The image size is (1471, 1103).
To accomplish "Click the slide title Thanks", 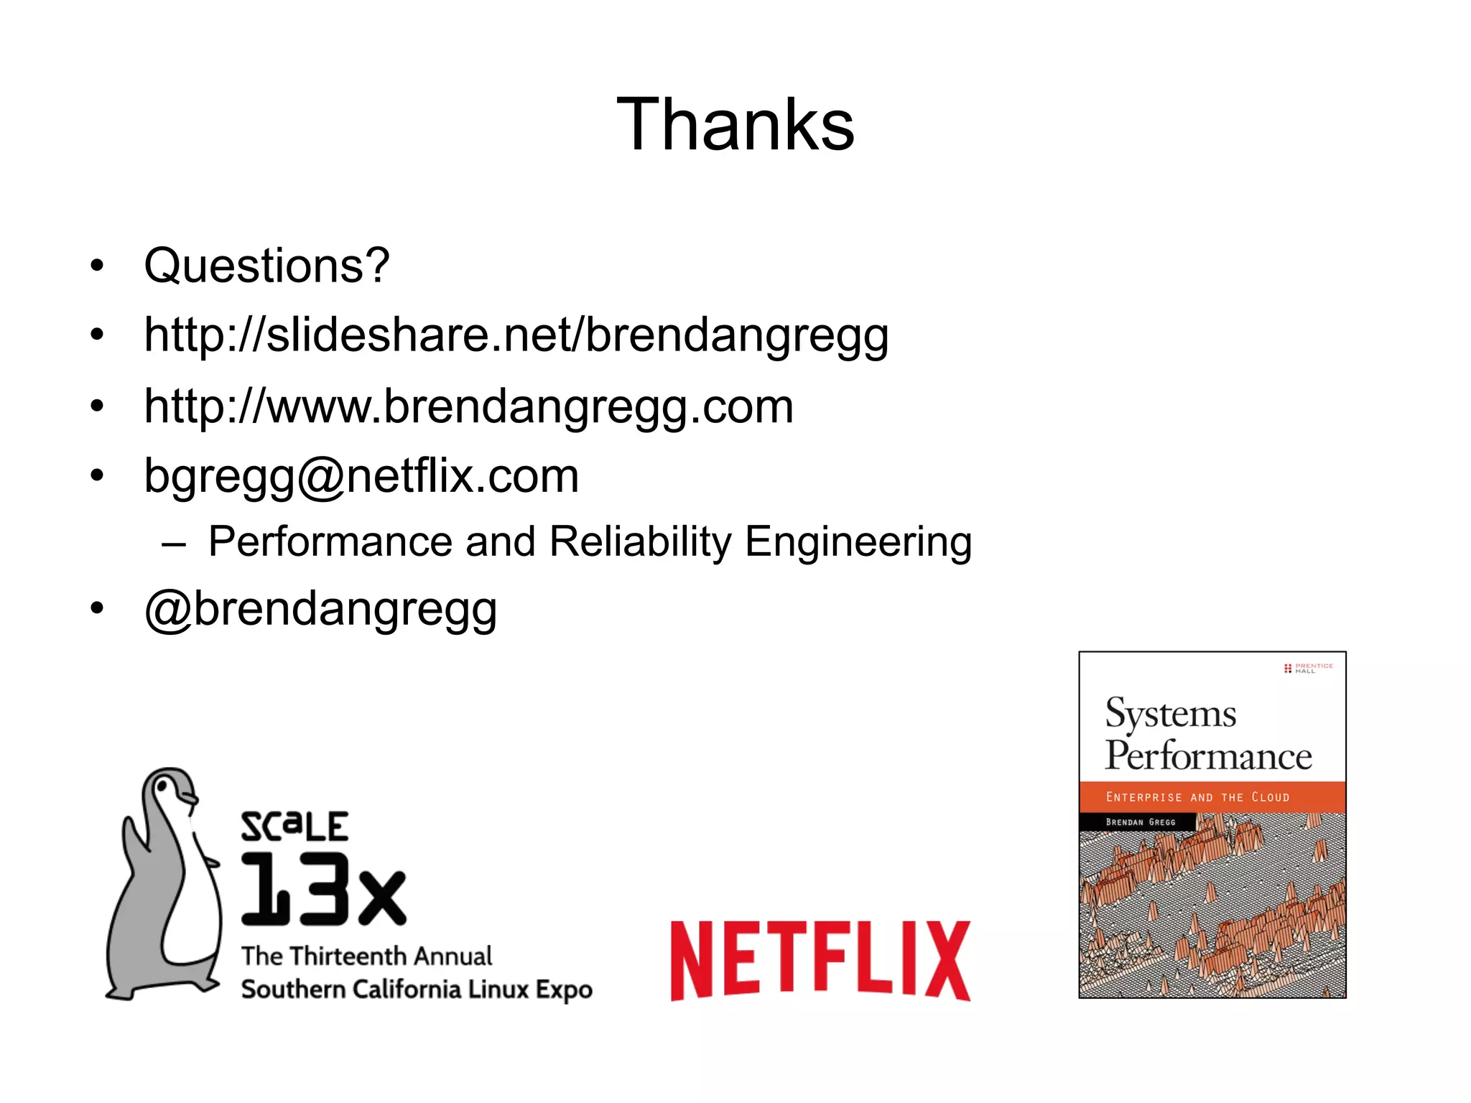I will [x=735, y=125].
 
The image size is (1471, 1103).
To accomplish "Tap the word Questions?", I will [x=266, y=266].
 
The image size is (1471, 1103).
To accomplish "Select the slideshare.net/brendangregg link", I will [x=516, y=335].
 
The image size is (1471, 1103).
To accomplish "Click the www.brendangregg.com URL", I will [x=468, y=406].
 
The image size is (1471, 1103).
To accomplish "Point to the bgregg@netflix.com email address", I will [x=361, y=475].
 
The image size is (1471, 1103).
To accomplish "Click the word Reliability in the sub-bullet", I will [x=640, y=541].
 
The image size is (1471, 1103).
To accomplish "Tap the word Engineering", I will [x=858, y=541].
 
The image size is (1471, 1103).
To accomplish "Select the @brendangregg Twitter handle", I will [x=320, y=609].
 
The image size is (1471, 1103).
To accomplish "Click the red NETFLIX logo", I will [x=820, y=961].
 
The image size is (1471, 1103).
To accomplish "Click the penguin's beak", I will [x=189, y=798].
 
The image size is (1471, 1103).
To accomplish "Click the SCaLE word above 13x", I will [x=294, y=827].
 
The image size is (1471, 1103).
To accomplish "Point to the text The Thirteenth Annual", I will [x=366, y=956].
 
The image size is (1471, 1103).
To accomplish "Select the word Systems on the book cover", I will [x=1171, y=714].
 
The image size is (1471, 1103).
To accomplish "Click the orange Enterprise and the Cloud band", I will [x=1212, y=797].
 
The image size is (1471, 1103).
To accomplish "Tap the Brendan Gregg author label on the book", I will [x=1140, y=822].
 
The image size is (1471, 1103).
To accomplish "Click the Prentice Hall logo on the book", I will [x=1307, y=668].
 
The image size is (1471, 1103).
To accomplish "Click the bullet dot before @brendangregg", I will [x=97, y=609].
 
